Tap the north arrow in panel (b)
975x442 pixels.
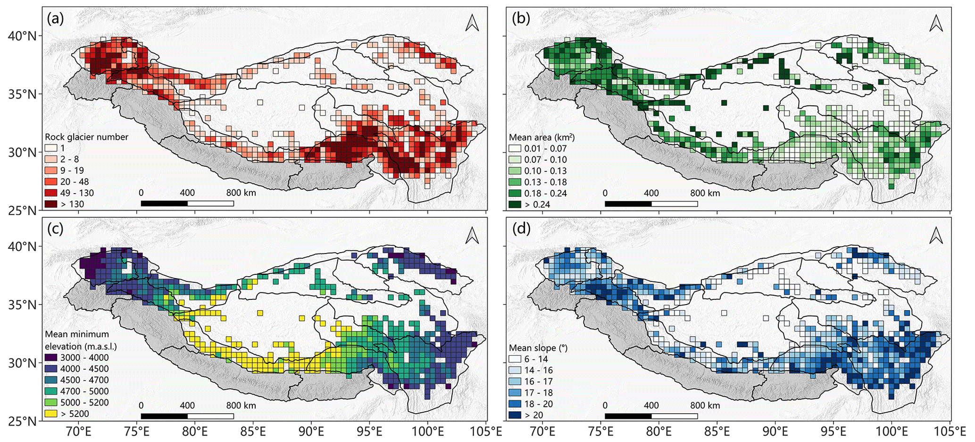pos(936,23)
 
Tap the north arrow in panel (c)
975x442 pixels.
pos(472,235)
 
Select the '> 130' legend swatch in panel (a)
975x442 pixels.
pos(51,204)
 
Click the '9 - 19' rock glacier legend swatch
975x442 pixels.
pos(51,170)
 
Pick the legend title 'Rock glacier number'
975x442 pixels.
pos(86,137)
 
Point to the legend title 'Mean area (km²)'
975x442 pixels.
pos(542,137)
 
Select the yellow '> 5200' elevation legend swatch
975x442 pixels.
pos(51,414)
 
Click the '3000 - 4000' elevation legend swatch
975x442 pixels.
pos(51,357)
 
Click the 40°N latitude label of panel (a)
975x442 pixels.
pos(21,36)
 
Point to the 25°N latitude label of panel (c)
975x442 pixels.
pos(21,421)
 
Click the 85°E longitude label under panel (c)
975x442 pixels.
pos(253,432)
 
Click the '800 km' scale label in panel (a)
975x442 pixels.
pos(241,193)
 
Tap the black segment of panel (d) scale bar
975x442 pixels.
pos(628,416)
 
